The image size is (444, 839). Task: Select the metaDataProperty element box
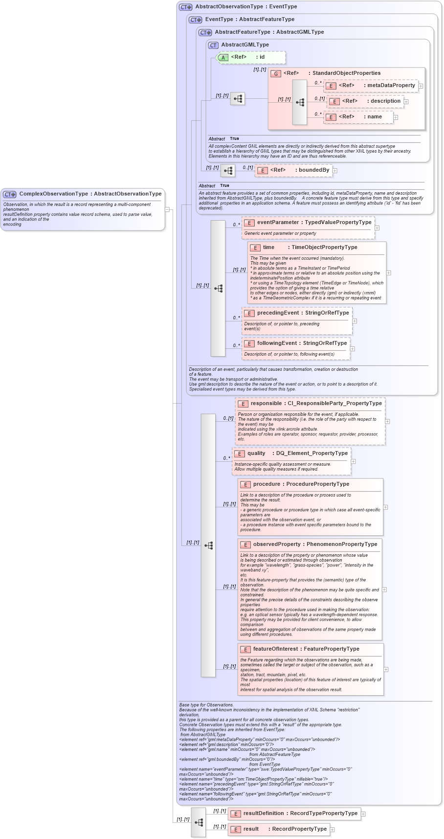tap(371, 86)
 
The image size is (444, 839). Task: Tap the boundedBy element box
tap(294, 170)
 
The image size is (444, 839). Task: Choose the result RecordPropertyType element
tap(279, 829)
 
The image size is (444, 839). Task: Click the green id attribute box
tap(251, 57)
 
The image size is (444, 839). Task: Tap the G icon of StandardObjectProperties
tap(276, 74)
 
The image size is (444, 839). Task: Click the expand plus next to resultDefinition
tap(363, 814)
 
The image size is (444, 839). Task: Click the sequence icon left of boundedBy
tap(228, 171)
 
